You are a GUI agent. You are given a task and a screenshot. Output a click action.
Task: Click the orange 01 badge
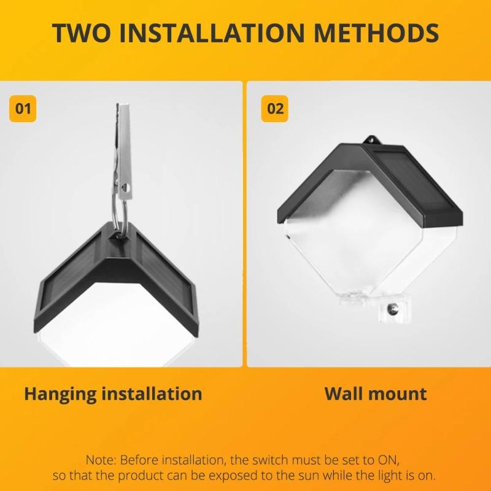(x=23, y=109)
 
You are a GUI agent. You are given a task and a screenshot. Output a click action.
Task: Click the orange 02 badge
(x=276, y=109)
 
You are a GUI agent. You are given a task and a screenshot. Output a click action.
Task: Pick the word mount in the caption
(x=399, y=393)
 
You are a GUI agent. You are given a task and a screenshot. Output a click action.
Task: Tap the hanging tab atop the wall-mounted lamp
(x=369, y=140)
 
